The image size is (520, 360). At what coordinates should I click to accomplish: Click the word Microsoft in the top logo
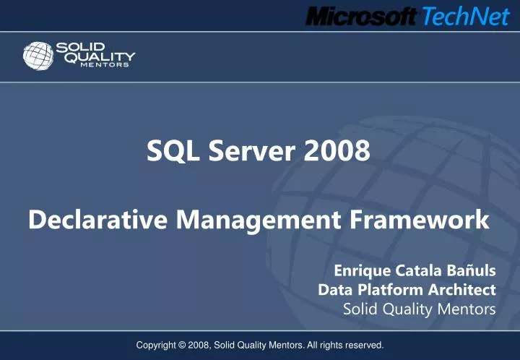(x=361, y=15)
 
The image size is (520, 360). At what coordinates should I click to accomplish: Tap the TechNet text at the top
(x=465, y=15)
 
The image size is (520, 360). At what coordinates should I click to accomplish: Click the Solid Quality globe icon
(x=38, y=56)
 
